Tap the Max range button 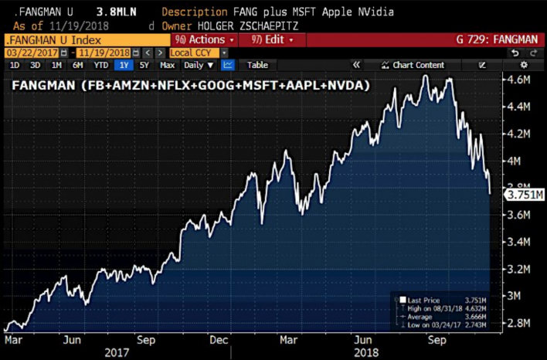(167, 65)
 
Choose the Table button (257, 65)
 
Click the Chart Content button (418, 65)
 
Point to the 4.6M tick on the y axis (517, 80)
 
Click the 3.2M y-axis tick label (517, 269)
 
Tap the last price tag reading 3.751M (525, 195)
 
